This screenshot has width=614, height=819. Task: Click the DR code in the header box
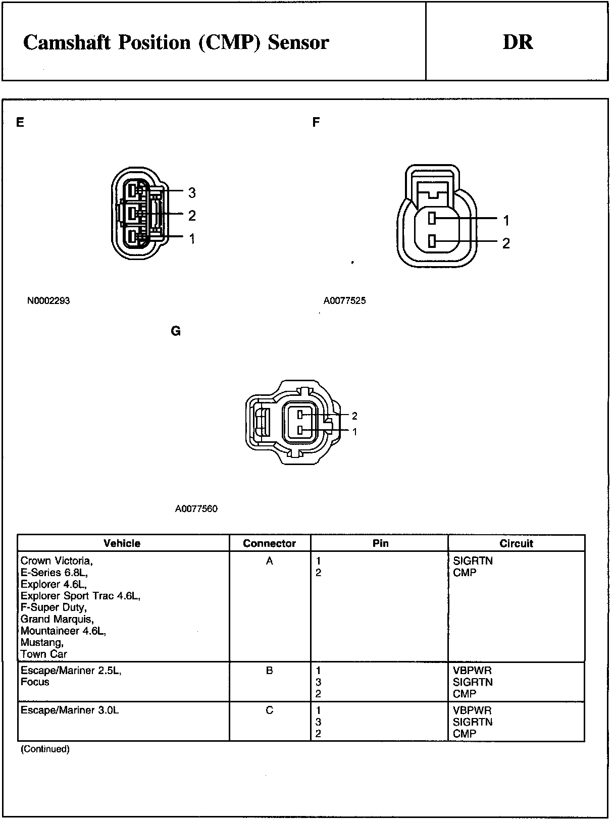pyautogui.click(x=518, y=42)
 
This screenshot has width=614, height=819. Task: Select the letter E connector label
pyautogui.click(x=20, y=123)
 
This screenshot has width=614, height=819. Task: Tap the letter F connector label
pyautogui.click(x=316, y=123)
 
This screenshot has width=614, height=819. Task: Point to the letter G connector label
pyautogui.click(x=176, y=331)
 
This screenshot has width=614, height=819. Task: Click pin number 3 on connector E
pyautogui.click(x=192, y=192)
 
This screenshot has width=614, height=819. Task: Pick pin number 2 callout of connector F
pyautogui.click(x=506, y=243)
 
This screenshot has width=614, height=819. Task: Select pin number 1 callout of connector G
pyautogui.click(x=354, y=432)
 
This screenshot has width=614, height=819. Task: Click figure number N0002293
pyautogui.click(x=48, y=301)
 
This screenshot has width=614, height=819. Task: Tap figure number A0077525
pyautogui.click(x=345, y=301)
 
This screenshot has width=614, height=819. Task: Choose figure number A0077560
pyautogui.click(x=196, y=509)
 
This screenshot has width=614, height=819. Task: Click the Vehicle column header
pyautogui.click(x=122, y=543)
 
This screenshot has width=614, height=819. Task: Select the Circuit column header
pyautogui.click(x=516, y=543)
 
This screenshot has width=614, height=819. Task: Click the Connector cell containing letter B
pyautogui.click(x=270, y=671)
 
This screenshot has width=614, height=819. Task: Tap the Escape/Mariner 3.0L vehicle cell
pyautogui.click(x=70, y=710)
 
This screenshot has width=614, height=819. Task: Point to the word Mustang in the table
pyautogui.click(x=42, y=642)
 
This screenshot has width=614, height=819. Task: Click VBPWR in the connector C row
pyautogui.click(x=472, y=710)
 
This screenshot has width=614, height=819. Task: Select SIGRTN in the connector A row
pyautogui.click(x=473, y=561)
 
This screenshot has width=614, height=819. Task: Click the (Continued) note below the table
pyautogui.click(x=45, y=749)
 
